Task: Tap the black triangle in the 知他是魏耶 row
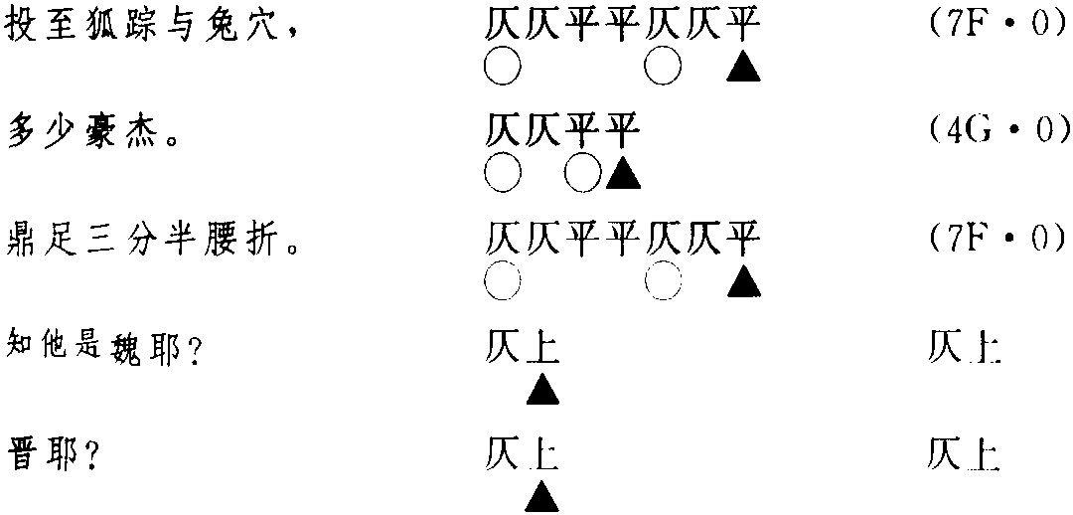[x=542, y=391]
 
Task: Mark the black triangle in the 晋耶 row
[x=542, y=498]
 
